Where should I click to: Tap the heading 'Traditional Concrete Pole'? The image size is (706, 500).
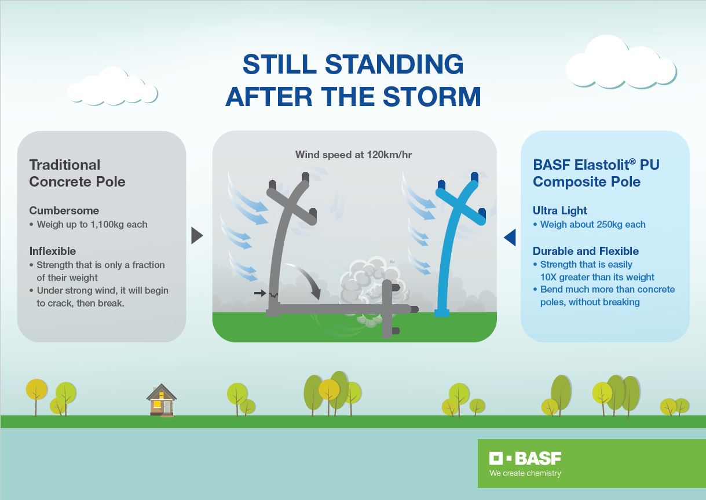[77, 173]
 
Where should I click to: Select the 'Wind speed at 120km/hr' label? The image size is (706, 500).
[353, 155]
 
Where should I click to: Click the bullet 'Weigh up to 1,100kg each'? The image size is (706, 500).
[88, 224]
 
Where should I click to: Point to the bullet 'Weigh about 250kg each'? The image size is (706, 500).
[589, 224]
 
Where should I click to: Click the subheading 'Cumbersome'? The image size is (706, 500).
[64, 210]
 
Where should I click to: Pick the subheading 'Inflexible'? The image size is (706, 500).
[53, 251]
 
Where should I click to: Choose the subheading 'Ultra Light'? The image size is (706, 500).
[559, 210]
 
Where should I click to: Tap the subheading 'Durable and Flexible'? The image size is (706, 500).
[586, 251]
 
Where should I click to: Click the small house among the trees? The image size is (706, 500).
[162, 400]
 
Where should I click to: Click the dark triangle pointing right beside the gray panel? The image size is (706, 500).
[197, 235]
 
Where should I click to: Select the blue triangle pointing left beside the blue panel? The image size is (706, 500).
[510, 237]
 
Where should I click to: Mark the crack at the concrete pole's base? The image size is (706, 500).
[273, 295]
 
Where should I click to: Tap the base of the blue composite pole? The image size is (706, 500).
[442, 313]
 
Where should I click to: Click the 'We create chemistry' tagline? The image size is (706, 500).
[525, 473]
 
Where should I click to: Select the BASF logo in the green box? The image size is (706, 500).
[525, 458]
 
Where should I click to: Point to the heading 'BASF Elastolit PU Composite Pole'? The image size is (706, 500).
[596, 173]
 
